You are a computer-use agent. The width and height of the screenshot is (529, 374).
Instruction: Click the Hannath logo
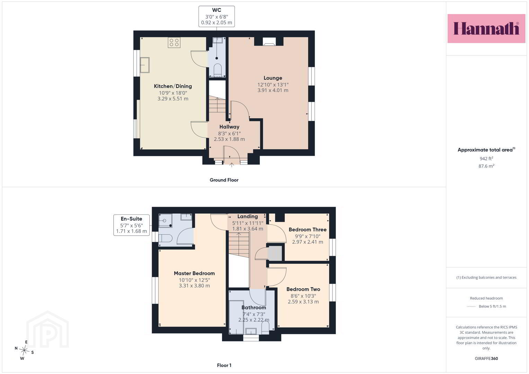(486, 28)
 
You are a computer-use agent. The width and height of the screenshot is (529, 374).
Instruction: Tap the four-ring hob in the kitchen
(174, 43)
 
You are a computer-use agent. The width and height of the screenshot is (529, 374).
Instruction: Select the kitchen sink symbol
(144, 65)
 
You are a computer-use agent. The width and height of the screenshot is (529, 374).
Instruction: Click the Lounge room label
(273, 78)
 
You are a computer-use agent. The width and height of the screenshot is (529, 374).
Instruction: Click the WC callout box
(217, 17)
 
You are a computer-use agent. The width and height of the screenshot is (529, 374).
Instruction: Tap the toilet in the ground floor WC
(217, 70)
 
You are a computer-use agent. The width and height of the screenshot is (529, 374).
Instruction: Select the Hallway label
(229, 127)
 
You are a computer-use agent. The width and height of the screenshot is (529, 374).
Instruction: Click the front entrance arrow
(232, 165)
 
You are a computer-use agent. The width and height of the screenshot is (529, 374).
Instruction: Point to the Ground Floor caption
(224, 180)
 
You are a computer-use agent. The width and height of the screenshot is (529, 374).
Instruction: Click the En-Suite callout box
(132, 225)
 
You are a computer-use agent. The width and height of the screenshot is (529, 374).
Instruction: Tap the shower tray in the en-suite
(165, 220)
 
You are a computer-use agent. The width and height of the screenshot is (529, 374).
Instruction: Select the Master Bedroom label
(194, 273)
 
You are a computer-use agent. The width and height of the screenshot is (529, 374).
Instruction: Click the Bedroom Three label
(308, 230)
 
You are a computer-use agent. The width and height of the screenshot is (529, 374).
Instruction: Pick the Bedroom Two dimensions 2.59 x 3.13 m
(303, 302)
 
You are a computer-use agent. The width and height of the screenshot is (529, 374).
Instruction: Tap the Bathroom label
(254, 308)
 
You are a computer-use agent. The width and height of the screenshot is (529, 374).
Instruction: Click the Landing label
(247, 216)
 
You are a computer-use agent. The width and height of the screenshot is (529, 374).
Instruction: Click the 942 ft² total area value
(486, 159)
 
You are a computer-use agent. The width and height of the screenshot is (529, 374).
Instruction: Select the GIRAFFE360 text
(486, 358)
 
